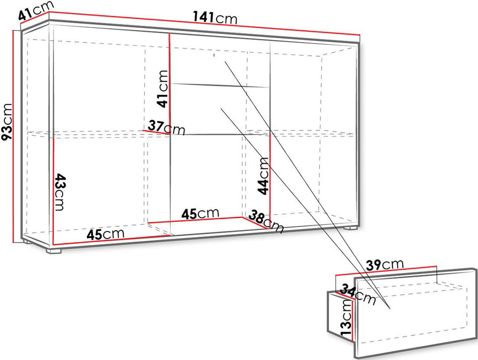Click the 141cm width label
(215, 18)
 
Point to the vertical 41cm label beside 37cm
(162, 89)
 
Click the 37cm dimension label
(167, 128)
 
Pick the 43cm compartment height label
(60, 192)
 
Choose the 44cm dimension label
(263, 176)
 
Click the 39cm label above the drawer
(385, 265)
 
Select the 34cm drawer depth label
(358, 294)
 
